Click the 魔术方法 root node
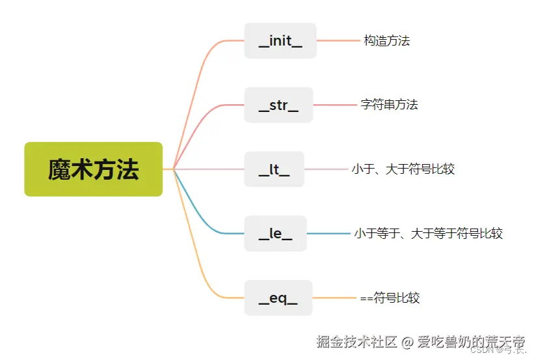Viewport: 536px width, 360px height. pos(93,169)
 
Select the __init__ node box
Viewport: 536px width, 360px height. pos(280,41)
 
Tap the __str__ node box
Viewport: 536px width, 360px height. pos(278,105)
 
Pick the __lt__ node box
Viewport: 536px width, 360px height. pos(274,169)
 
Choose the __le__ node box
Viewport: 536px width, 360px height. pos(275,234)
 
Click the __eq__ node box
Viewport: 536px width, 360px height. pos(278,298)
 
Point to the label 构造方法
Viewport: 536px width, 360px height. pos(386,40)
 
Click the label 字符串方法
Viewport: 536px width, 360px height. pos(389,104)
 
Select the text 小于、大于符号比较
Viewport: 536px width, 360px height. pos(403,169)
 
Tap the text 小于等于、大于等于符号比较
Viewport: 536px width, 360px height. pos(428,234)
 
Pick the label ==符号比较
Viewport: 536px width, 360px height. pos(390,298)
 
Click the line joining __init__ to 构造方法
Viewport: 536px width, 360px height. pos(338,40)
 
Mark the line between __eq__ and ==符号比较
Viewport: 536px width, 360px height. pos(334,298)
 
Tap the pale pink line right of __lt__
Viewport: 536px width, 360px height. pos(326,169)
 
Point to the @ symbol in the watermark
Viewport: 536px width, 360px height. pos(407,341)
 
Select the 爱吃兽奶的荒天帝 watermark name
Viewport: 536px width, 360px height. pos(471,340)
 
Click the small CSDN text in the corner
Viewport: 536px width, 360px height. pos(481,350)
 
